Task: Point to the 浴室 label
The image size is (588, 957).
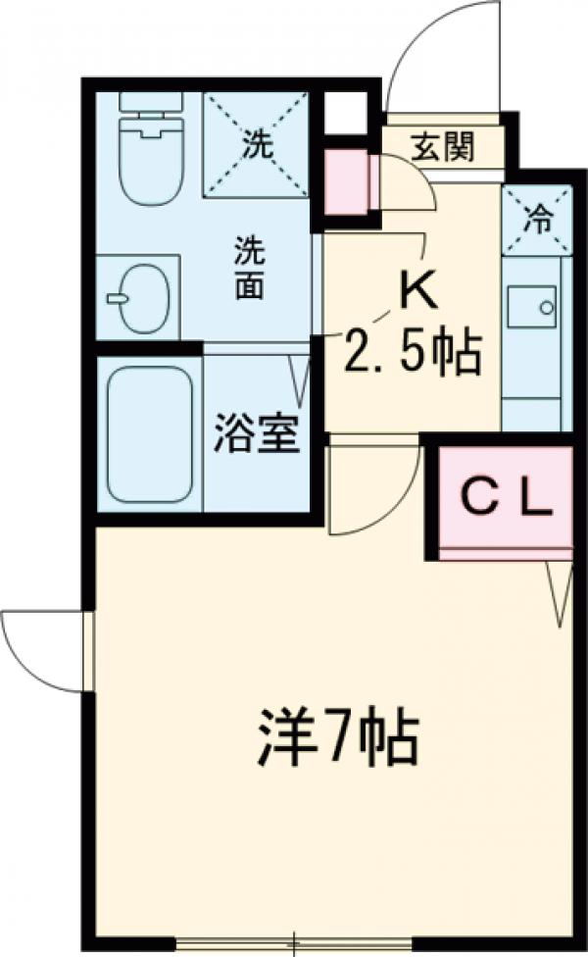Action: pyautogui.click(x=257, y=436)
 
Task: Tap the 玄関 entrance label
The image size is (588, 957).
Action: pyautogui.click(x=442, y=147)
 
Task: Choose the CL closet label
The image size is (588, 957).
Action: pyautogui.click(x=506, y=498)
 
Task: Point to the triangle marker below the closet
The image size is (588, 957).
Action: pyautogui.click(x=561, y=594)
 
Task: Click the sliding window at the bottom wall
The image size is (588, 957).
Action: pyautogui.click(x=294, y=944)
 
